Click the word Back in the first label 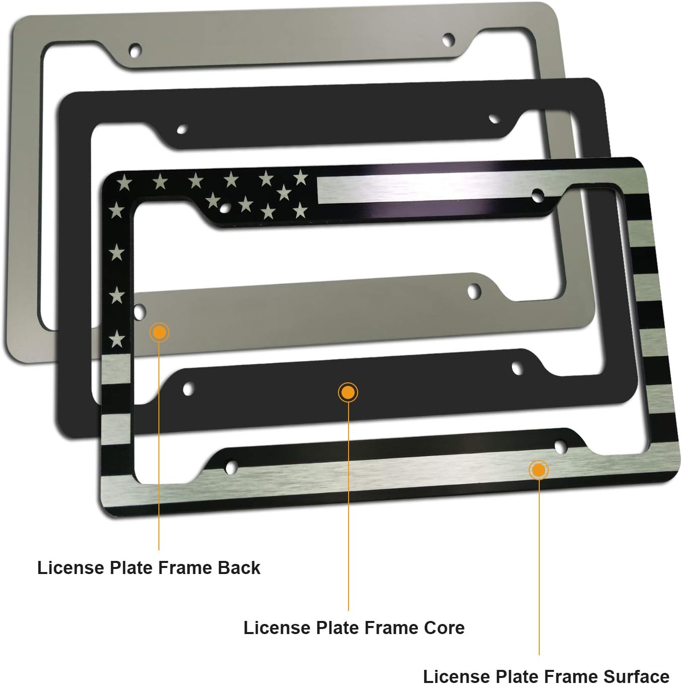coord(239,568)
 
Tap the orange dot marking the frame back coord(159,332)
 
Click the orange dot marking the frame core coord(348,392)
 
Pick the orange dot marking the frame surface coord(539,470)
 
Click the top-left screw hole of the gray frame coord(135,50)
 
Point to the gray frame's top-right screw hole coord(448,39)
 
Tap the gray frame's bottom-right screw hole coord(474,291)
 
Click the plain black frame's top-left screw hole coord(182,129)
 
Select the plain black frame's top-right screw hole coord(494,119)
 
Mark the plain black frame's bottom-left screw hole coord(189,389)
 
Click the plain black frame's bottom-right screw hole coord(517,368)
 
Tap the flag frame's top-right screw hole coord(538,196)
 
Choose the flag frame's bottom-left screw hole coord(232,467)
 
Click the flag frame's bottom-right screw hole coord(560,446)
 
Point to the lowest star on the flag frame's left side coord(117,339)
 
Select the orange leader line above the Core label coord(348,504)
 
